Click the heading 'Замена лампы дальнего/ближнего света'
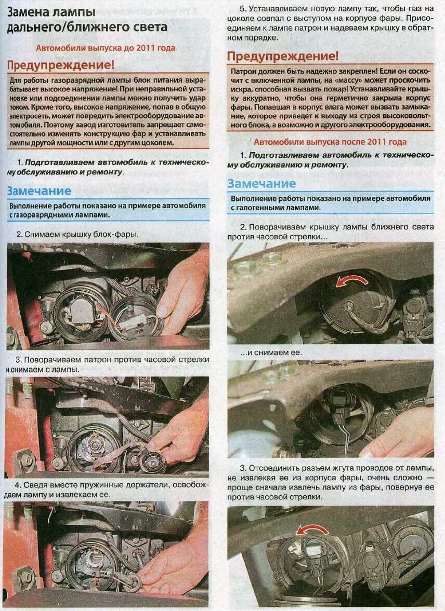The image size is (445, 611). tap(87, 19)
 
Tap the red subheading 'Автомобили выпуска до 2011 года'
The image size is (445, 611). tap(106, 48)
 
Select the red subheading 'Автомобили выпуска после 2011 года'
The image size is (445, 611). tap(330, 142)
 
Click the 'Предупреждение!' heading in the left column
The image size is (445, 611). tap(61, 65)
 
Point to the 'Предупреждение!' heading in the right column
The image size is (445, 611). tap(283, 56)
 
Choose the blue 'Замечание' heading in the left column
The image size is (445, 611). tap(39, 191)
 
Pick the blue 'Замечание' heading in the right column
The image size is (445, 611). tap(261, 184)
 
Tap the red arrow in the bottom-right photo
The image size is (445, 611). tap(312, 529)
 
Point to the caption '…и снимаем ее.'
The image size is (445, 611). tap(271, 352)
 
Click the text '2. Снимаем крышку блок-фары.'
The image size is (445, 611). tap(77, 235)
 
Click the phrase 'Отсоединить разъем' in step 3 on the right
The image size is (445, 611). tap(284, 468)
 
